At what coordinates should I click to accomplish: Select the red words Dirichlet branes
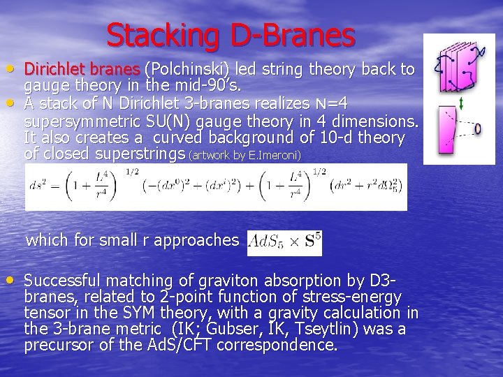pos(82,70)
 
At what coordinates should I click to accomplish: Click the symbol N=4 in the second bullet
pos(334,104)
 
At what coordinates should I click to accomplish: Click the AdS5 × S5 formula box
pos(284,242)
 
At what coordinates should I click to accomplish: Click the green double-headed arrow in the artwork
pos(462,104)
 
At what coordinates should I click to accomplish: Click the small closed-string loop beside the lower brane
pos(476,129)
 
